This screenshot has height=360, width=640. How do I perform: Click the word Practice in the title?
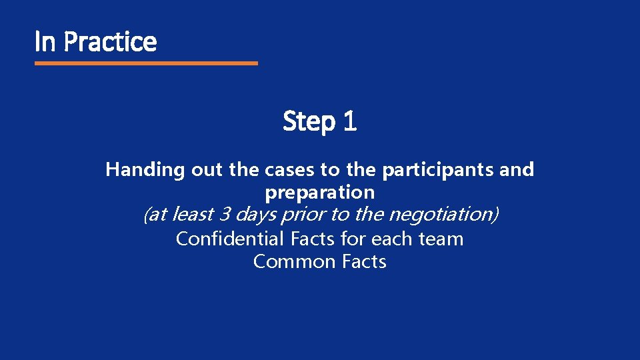point(111,42)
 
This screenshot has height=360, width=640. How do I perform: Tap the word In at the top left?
point(45,42)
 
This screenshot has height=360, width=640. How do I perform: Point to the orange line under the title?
point(146,63)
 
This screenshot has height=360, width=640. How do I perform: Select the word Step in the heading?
point(309,122)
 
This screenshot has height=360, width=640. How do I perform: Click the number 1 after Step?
point(350,121)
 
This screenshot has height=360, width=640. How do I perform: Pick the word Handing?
point(145,170)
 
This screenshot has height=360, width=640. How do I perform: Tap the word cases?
point(290,170)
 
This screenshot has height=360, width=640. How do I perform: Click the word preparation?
point(320,193)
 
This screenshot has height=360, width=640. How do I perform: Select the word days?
point(256,215)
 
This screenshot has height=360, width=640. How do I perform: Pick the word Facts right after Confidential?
point(313,239)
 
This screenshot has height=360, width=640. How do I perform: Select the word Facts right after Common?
point(364,261)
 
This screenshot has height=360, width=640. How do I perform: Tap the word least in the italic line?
point(191,215)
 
